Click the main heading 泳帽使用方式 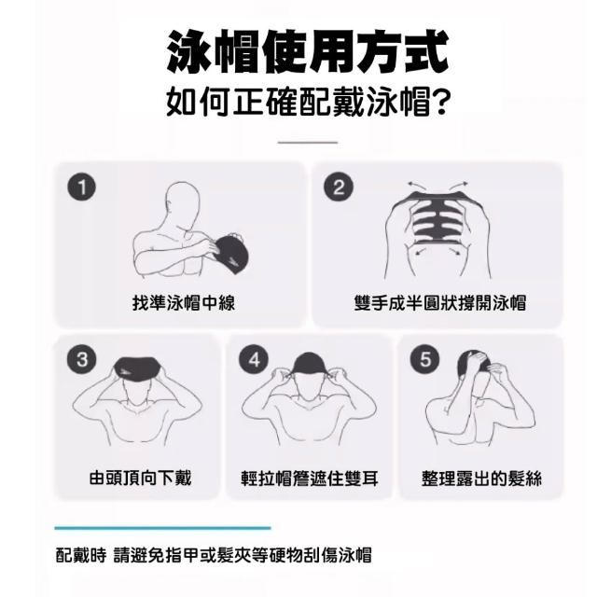[308, 52]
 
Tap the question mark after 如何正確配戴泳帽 [441, 102]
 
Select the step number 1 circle [81, 187]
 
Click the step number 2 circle [339, 187]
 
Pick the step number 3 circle [81, 359]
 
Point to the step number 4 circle [254, 359]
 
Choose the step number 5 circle [424, 359]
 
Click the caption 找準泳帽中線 [184, 303]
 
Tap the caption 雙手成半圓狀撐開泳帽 [439, 303]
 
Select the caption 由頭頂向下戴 [141, 479]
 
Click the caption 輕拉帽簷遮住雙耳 [310, 479]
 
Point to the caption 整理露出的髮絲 [481, 479]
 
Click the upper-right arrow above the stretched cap [458, 187]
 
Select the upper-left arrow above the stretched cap [416, 187]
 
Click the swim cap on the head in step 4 [308, 363]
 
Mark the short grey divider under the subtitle [308, 143]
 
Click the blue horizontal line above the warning [162, 528]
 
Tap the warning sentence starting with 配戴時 [214, 555]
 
